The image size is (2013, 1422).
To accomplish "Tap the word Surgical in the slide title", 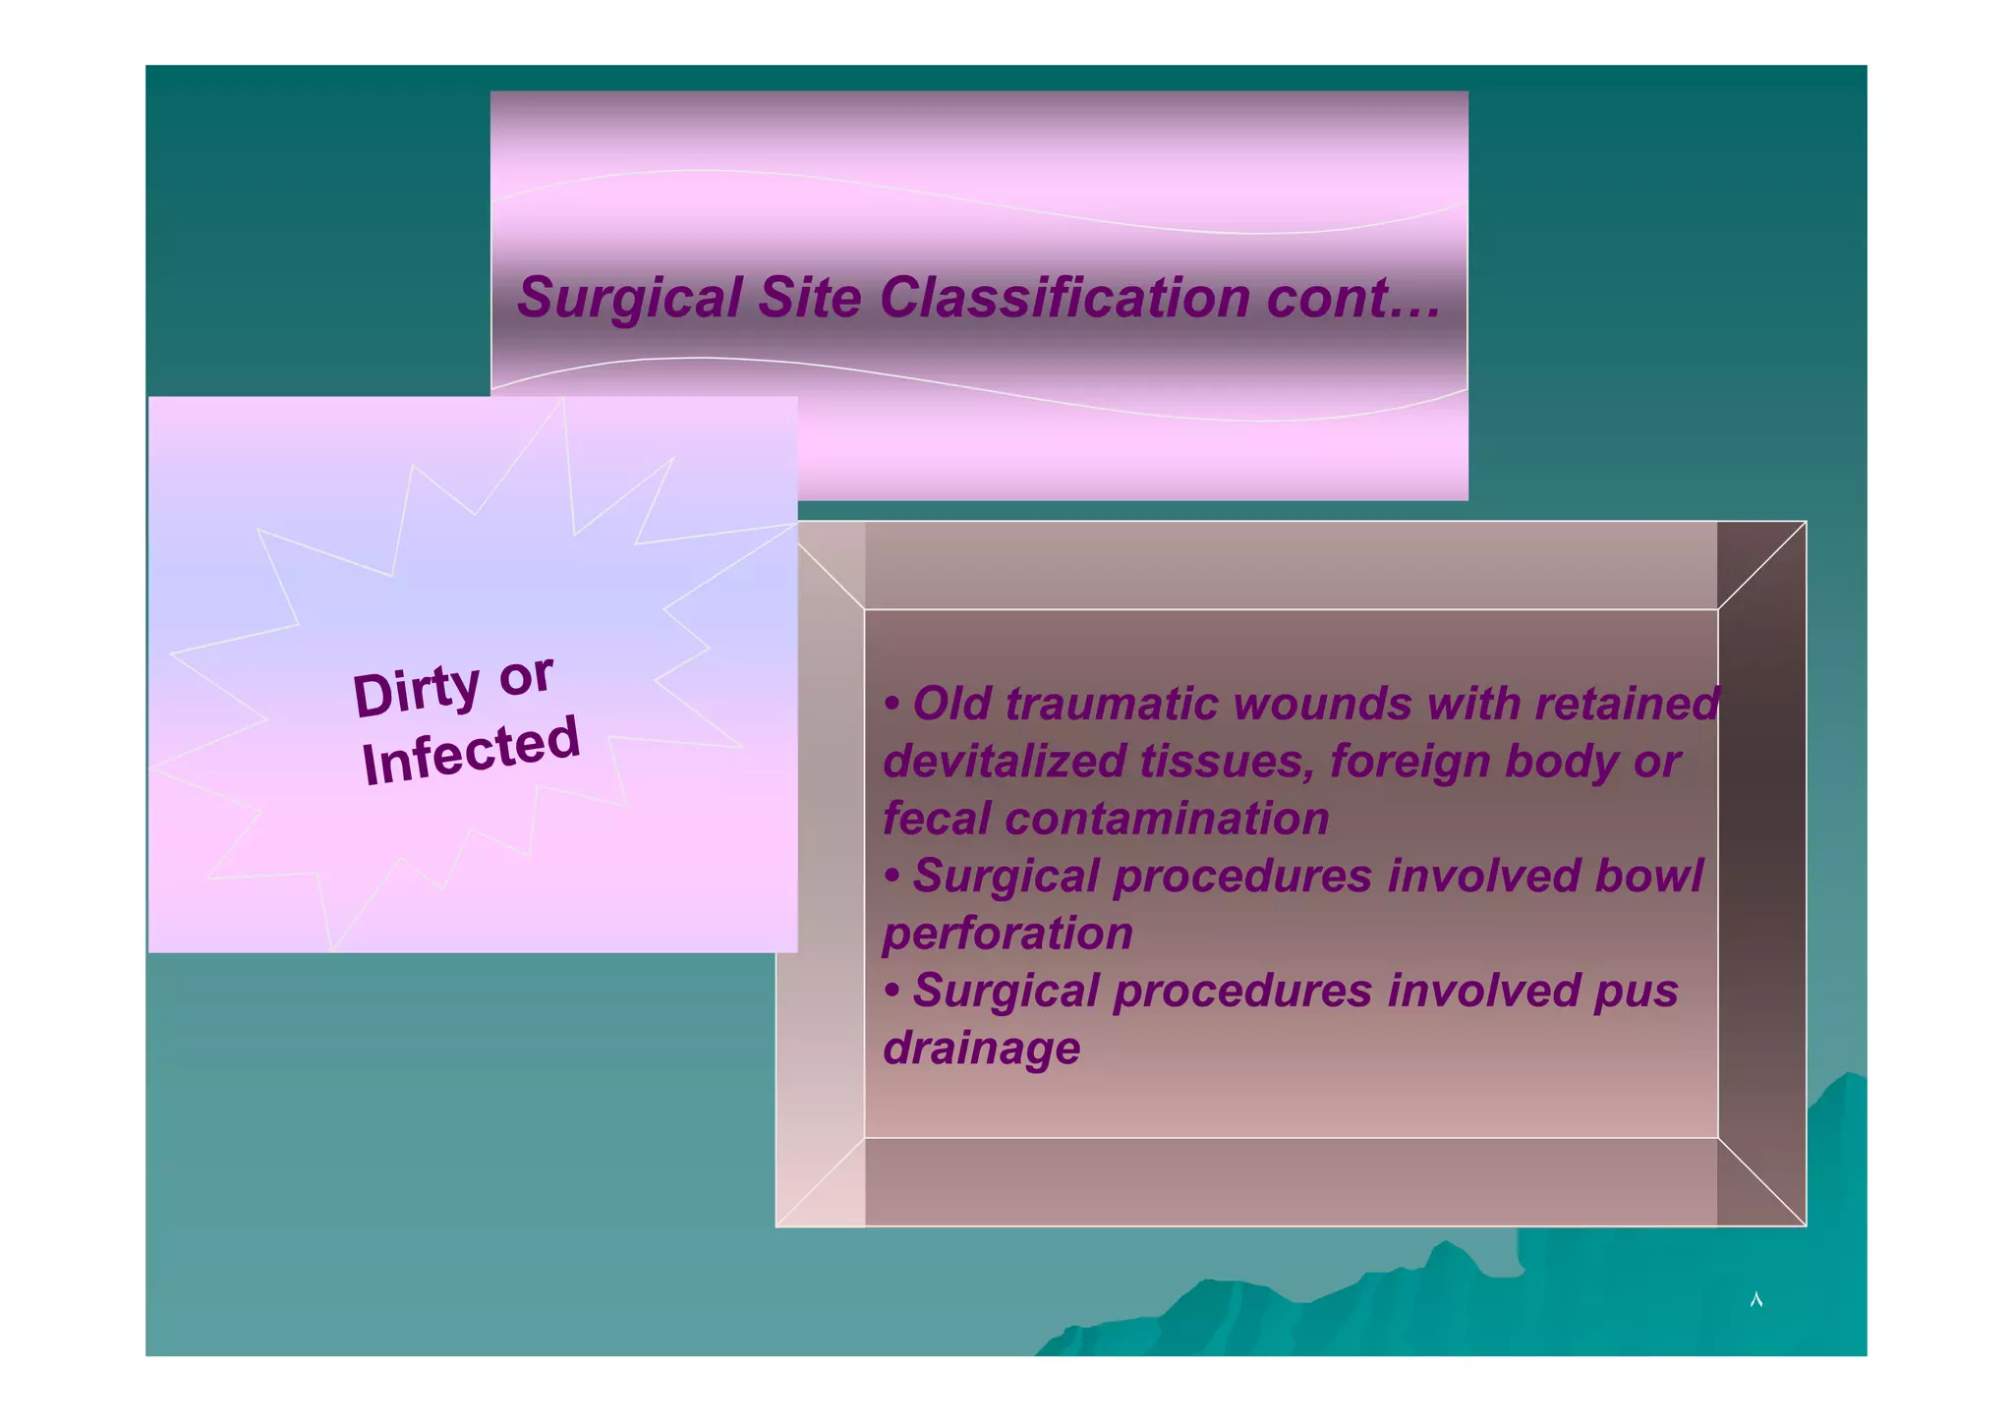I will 630,297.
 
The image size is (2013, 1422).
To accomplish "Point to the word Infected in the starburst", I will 471,751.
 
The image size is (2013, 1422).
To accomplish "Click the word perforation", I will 1007,934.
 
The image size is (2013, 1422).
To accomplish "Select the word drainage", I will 981,1049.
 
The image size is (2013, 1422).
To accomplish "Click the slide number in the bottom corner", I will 1756,1300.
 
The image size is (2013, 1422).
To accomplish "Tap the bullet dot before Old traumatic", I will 891,705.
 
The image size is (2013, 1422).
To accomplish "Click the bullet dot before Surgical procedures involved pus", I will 891,992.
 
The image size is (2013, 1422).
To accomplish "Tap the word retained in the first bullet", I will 1627,704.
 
